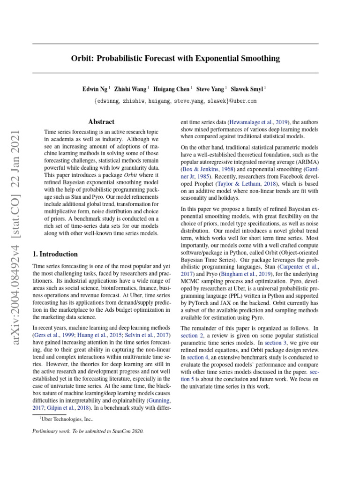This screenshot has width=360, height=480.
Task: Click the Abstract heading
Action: (101, 122)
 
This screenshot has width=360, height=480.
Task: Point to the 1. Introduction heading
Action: (55, 254)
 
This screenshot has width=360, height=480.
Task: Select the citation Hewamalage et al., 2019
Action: (258, 121)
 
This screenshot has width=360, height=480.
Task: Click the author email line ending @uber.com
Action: (175, 101)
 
